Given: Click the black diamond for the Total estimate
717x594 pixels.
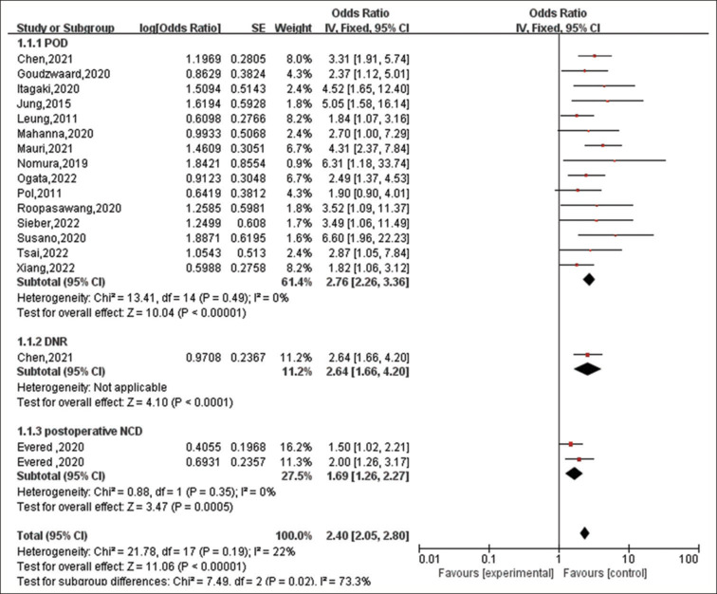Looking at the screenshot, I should point(584,533).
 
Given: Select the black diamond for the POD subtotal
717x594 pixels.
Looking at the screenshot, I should point(588,279).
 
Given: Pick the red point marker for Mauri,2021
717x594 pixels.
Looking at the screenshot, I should point(601,146).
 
